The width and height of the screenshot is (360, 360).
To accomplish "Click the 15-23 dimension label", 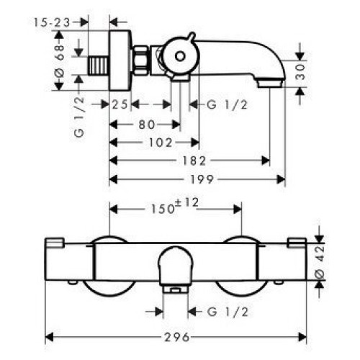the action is point(52,22).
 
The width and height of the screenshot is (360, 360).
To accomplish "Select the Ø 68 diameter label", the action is point(60,60).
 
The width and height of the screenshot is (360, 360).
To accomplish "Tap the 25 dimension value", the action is point(120,104).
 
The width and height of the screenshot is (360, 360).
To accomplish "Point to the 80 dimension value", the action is point(147,125).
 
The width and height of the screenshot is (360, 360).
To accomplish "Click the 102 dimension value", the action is point(161,143).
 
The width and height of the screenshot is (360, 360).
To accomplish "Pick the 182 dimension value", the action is point(194,161).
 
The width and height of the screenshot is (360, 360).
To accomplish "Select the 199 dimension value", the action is point(202,179).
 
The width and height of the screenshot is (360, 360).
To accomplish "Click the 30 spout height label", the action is point(300,72).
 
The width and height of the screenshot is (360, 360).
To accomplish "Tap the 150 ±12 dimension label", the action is point(174,207).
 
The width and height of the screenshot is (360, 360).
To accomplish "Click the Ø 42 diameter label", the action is point(320,261).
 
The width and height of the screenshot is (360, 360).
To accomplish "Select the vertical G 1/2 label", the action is point(79,117).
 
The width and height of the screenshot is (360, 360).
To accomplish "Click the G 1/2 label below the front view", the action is point(227,312).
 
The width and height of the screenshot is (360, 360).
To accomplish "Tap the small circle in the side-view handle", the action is point(180,57).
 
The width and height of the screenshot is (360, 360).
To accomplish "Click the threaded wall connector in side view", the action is point(99,66).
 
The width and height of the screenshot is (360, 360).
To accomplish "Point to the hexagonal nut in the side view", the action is point(140,60).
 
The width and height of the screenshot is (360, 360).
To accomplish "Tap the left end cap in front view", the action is point(55,243).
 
